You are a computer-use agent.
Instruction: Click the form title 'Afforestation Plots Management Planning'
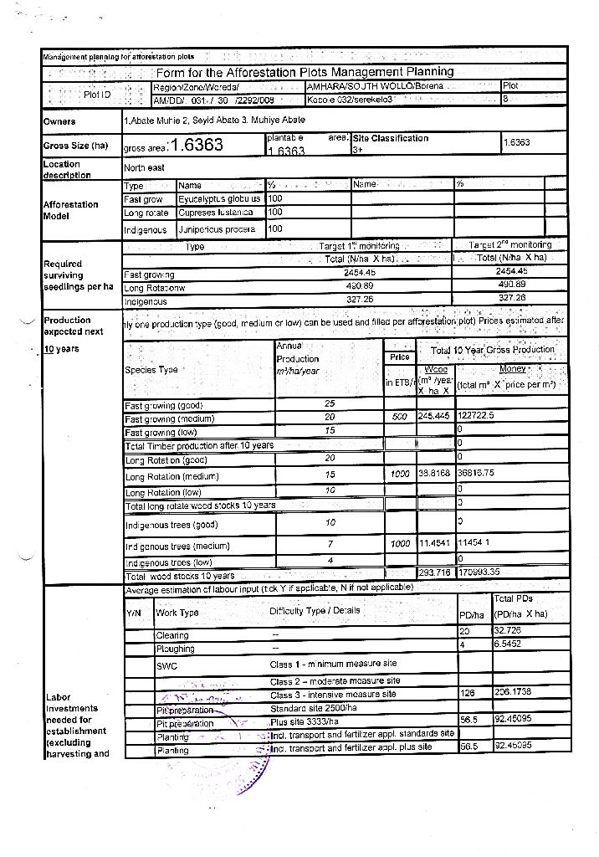(305, 72)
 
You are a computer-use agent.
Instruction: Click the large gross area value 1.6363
(196, 146)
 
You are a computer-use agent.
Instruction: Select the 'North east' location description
(144, 168)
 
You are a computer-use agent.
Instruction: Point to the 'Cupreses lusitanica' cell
(218, 213)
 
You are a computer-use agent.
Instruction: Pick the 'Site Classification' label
(391, 138)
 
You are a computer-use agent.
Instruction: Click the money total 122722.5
(476, 416)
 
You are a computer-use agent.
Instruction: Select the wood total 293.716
(434, 573)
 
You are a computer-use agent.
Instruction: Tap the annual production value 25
(330, 403)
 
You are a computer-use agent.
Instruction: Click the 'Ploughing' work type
(175, 649)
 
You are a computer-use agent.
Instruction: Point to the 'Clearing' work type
(172, 636)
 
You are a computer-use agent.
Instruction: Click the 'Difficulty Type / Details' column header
(315, 610)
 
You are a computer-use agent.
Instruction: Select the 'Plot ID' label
(95, 95)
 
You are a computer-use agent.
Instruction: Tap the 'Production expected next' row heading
(74, 326)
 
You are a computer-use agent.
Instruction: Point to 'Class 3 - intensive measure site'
(332, 695)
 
